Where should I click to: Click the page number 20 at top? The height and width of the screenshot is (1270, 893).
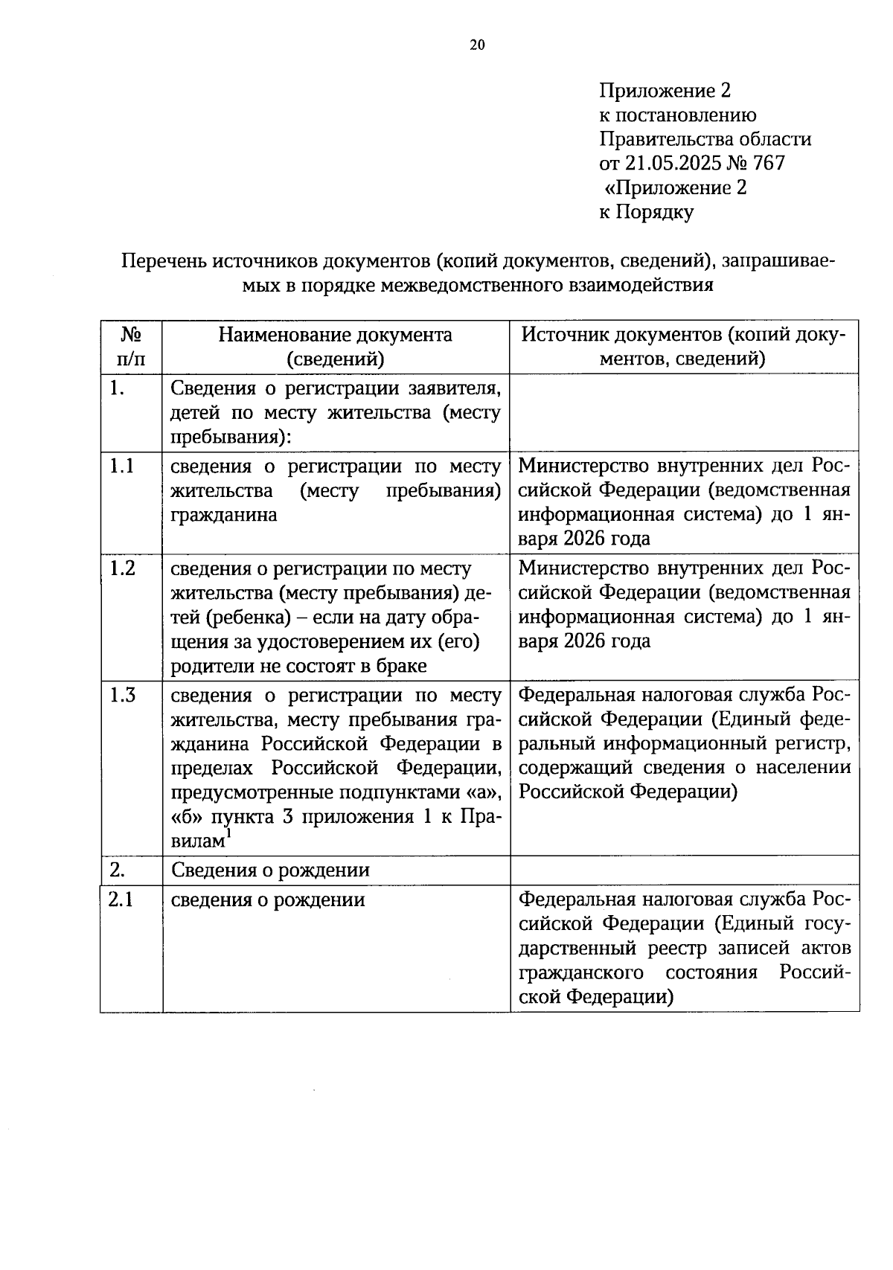point(477,45)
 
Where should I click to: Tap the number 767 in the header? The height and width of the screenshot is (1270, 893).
point(768,163)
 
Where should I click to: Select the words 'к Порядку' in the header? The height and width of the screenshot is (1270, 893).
point(646,212)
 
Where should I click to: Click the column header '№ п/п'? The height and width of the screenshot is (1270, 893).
point(131,347)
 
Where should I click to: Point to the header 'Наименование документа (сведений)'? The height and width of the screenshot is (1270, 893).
point(336,347)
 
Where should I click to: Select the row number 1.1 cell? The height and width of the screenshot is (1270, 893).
point(122,466)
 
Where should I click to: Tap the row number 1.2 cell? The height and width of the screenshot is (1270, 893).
point(123,569)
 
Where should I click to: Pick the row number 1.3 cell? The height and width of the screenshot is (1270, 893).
point(123,696)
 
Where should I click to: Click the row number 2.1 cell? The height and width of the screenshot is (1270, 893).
point(121,900)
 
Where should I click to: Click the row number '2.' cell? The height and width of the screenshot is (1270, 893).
point(117,870)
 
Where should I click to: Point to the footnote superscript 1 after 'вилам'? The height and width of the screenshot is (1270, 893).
point(229,835)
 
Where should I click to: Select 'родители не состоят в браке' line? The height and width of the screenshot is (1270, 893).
point(298,666)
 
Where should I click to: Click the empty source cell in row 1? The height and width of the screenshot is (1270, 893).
point(683,411)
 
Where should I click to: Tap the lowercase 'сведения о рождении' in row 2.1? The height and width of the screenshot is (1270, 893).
point(268,900)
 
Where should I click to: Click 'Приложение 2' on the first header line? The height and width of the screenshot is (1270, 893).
point(665,91)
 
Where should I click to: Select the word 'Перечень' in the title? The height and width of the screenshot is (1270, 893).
point(164,261)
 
